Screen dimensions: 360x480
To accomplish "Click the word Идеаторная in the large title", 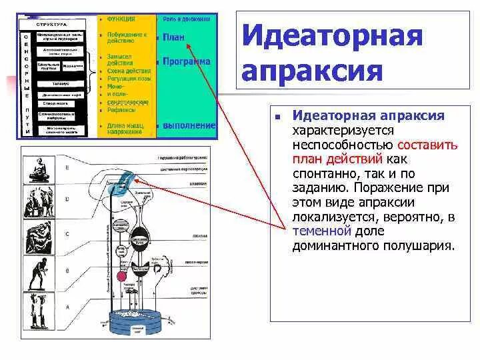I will pos(331,35).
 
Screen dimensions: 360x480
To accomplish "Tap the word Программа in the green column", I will pos(186,61).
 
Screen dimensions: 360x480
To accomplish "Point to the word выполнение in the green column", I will pos(189,125).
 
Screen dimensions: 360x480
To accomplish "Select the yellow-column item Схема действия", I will pos(128,71).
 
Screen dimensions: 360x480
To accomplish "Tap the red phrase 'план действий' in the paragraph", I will pos(337,159).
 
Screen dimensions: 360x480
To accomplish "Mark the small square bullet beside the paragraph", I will pos(277,117).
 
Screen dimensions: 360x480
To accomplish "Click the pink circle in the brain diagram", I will pos(121,275).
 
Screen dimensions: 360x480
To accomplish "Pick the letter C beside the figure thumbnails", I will pos(66,235).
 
